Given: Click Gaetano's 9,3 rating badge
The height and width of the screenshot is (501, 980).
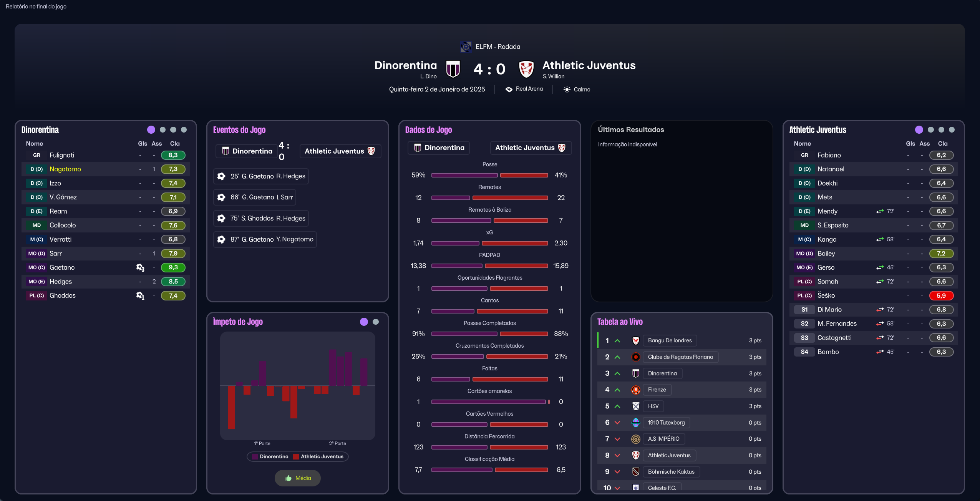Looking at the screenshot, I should pyautogui.click(x=173, y=267).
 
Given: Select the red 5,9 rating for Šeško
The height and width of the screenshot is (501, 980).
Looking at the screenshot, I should pyautogui.click(x=941, y=295).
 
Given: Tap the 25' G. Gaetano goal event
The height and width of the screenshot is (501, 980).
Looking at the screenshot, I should pyautogui.click(x=261, y=176).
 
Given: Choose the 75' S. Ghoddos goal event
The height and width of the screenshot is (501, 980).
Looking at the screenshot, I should pyautogui.click(x=261, y=218).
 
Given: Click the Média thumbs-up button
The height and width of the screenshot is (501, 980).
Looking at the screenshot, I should pyautogui.click(x=298, y=478).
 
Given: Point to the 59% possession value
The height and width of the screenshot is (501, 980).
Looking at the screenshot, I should pyautogui.click(x=418, y=175).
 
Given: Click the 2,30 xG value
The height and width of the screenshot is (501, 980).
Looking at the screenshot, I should pyautogui.click(x=560, y=243).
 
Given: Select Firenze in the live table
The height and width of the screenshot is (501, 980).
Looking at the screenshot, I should pyautogui.click(x=657, y=390).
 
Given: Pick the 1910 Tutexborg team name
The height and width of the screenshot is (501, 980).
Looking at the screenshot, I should pyautogui.click(x=666, y=423).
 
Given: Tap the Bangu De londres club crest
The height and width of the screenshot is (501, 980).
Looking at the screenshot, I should pyautogui.click(x=636, y=340).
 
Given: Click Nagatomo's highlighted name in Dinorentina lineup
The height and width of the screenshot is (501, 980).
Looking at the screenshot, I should pyautogui.click(x=65, y=169).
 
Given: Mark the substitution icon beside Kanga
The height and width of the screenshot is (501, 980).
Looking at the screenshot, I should pyautogui.click(x=880, y=239).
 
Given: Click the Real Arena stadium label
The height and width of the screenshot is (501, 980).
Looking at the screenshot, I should pyautogui.click(x=529, y=89).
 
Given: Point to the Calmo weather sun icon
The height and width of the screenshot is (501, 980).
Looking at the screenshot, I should pyautogui.click(x=567, y=90).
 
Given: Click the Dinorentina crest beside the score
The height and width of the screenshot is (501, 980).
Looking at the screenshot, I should pyautogui.click(x=453, y=69).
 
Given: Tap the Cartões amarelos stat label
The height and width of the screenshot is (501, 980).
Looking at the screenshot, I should pyautogui.click(x=489, y=391).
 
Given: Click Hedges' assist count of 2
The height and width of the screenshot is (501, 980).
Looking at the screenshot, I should pyautogui.click(x=154, y=282).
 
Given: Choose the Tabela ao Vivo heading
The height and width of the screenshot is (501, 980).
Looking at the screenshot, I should pyautogui.click(x=620, y=322).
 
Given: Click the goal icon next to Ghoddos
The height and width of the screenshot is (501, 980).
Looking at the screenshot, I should pyautogui.click(x=140, y=295).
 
